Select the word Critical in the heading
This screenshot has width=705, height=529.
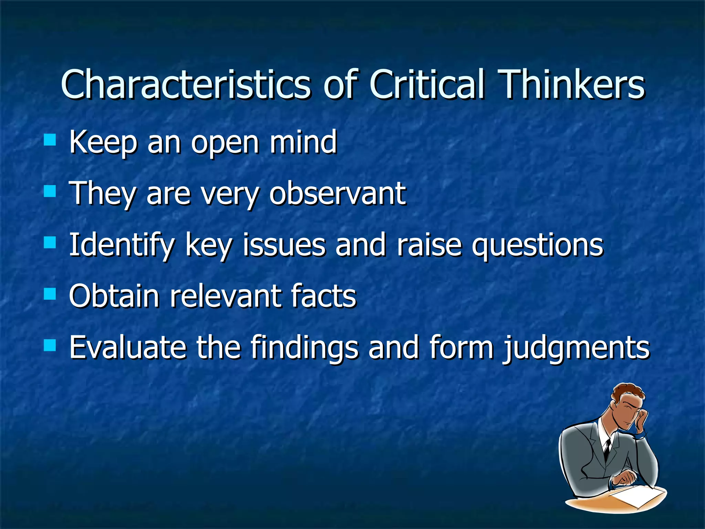point(427,84)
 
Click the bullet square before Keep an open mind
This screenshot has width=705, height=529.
point(50,140)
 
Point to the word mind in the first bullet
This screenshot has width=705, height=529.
point(303,142)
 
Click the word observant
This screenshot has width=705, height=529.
point(337,194)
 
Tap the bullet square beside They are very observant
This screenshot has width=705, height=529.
point(50,191)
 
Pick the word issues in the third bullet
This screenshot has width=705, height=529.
point(284,245)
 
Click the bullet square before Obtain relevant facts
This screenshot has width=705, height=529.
point(50,294)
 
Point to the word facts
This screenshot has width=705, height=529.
point(324,296)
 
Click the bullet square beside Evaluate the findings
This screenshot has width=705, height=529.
point(50,345)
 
